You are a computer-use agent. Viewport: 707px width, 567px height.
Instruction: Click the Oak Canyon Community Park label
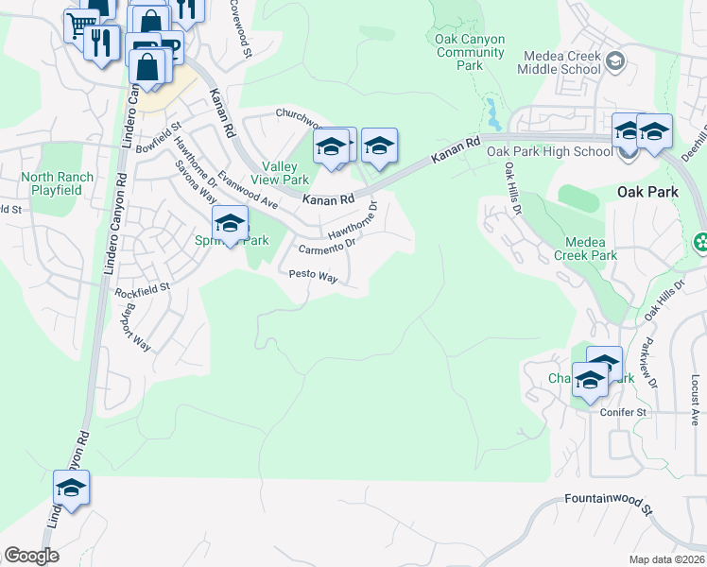(x=470, y=53)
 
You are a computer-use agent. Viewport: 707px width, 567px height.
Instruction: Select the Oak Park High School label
(x=549, y=151)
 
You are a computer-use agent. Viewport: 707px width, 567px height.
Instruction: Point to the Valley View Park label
(x=279, y=172)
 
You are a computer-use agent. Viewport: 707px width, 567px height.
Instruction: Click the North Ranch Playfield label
(x=58, y=183)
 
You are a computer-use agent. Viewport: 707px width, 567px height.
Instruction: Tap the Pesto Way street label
(x=313, y=276)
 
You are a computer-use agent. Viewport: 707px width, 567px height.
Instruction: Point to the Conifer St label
(x=623, y=412)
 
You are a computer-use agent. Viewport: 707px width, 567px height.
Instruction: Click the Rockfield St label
(x=142, y=289)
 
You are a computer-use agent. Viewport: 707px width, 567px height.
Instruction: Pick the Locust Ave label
(x=694, y=387)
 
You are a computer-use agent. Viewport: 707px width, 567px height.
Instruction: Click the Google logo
(x=31, y=556)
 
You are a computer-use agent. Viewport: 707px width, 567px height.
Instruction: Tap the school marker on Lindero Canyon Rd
(x=71, y=488)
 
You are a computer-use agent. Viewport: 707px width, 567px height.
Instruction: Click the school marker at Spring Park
(x=230, y=224)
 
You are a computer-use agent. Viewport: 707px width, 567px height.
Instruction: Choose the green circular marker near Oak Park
(x=700, y=243)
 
